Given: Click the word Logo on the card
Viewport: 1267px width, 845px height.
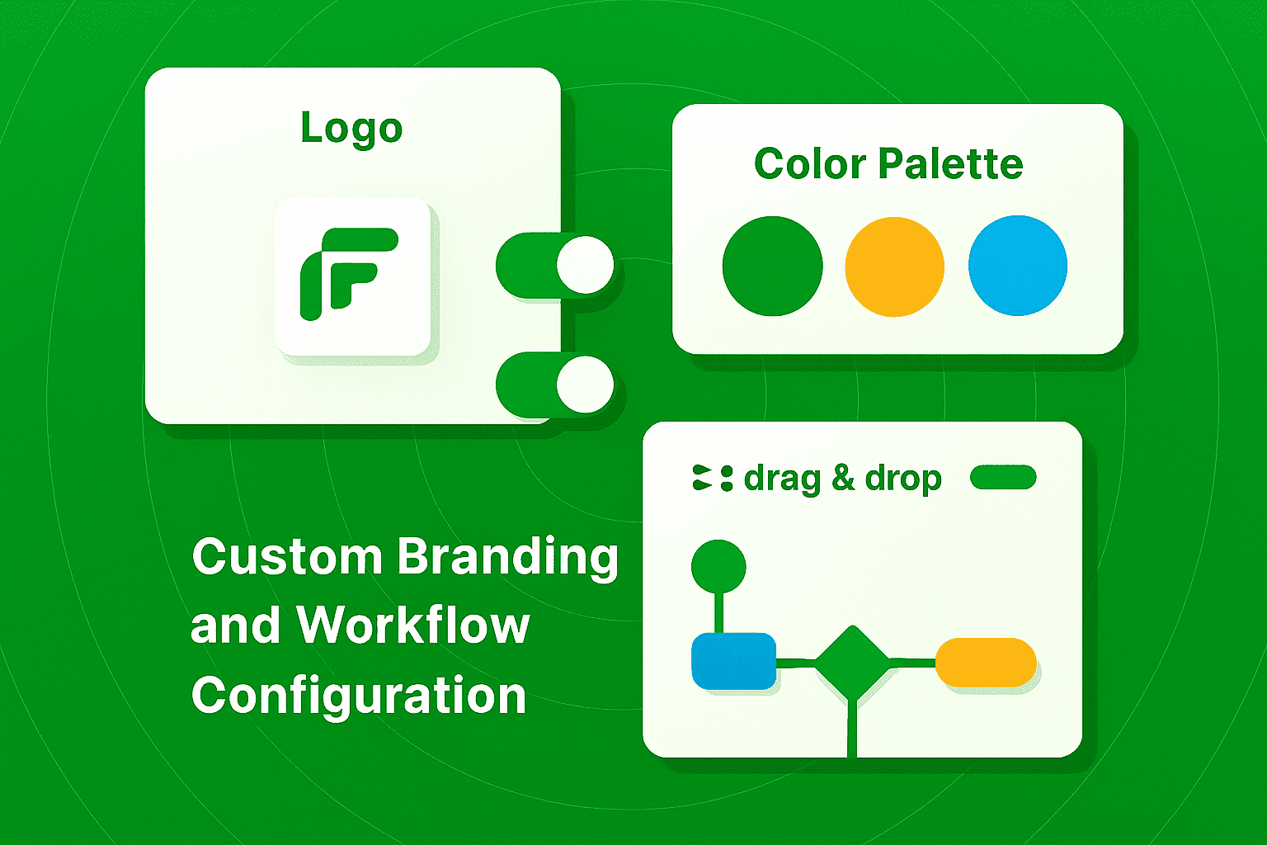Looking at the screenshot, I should click(351, 128).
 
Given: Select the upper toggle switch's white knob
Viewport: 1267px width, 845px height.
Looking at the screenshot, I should click(585, 265).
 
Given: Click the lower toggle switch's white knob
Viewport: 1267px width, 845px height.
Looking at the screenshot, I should click(585, 385).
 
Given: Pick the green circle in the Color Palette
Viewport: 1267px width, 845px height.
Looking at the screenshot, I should click(772, 266).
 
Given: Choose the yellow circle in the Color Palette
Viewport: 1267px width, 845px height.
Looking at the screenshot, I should click(894, 266).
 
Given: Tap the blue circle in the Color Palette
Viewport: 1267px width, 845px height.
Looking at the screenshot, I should click(1017, 266).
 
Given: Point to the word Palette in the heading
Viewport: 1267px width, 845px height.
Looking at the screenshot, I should click(950, 163).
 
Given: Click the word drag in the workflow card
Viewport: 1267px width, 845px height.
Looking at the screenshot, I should click(782, 479).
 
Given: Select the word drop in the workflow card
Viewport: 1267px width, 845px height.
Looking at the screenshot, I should click(903, 479).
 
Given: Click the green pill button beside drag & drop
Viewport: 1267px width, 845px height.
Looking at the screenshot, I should click(1003, 477).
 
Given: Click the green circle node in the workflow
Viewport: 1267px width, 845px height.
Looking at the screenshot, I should click(718, 566).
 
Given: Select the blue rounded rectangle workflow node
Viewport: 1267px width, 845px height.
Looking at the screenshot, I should click(733, 661).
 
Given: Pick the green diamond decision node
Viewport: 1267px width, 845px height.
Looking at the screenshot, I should click(853, 662).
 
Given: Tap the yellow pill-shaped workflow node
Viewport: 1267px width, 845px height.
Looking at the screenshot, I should click(986, 662).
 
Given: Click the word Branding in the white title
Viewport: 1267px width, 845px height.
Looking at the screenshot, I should click(507, 558).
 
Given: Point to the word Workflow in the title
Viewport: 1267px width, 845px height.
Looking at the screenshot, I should click(412, 625).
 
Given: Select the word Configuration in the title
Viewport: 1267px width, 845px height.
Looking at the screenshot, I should click(359, 695).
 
